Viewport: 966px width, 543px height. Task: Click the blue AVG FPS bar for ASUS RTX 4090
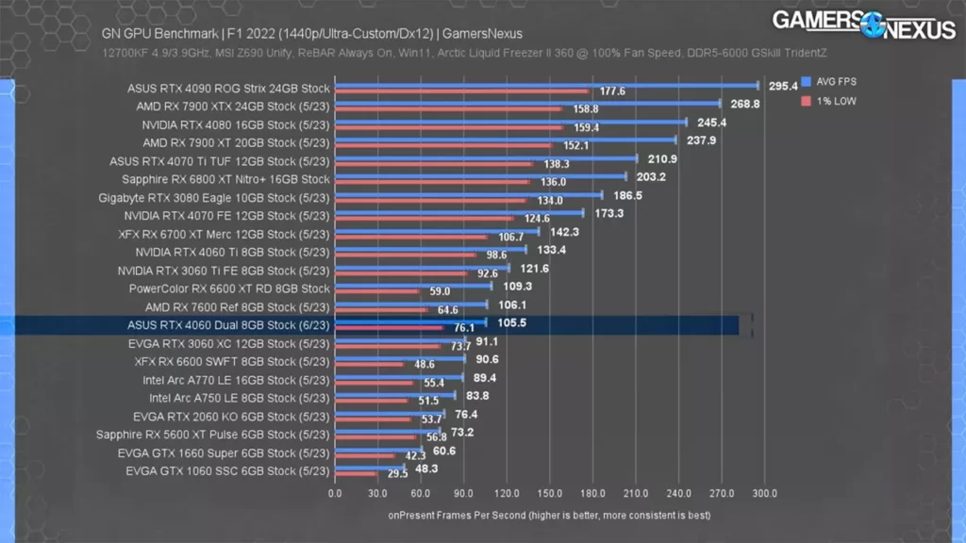click(547, 85)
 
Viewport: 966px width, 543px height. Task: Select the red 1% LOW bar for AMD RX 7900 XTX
click(448, 109)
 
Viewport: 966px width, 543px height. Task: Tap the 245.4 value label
click(712, 123)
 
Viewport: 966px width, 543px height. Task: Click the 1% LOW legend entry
click(829, 100)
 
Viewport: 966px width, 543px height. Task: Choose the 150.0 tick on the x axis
click(550, 492)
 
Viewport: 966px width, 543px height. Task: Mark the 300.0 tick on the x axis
click(765, 492)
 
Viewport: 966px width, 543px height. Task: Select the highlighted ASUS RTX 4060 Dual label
click(229, 325)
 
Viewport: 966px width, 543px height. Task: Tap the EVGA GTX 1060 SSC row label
click(227, 470)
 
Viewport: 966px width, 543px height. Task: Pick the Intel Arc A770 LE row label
click(236, 380)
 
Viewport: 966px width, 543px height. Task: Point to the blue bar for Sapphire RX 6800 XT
click(481, 175)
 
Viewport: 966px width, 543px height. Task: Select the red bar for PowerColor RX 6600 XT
click(377, 291)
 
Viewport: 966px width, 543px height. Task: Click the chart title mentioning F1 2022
click(311, 34)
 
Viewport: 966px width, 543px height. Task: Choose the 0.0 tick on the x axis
click(335, 492)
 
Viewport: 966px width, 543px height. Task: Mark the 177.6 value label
click(613, 91)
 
